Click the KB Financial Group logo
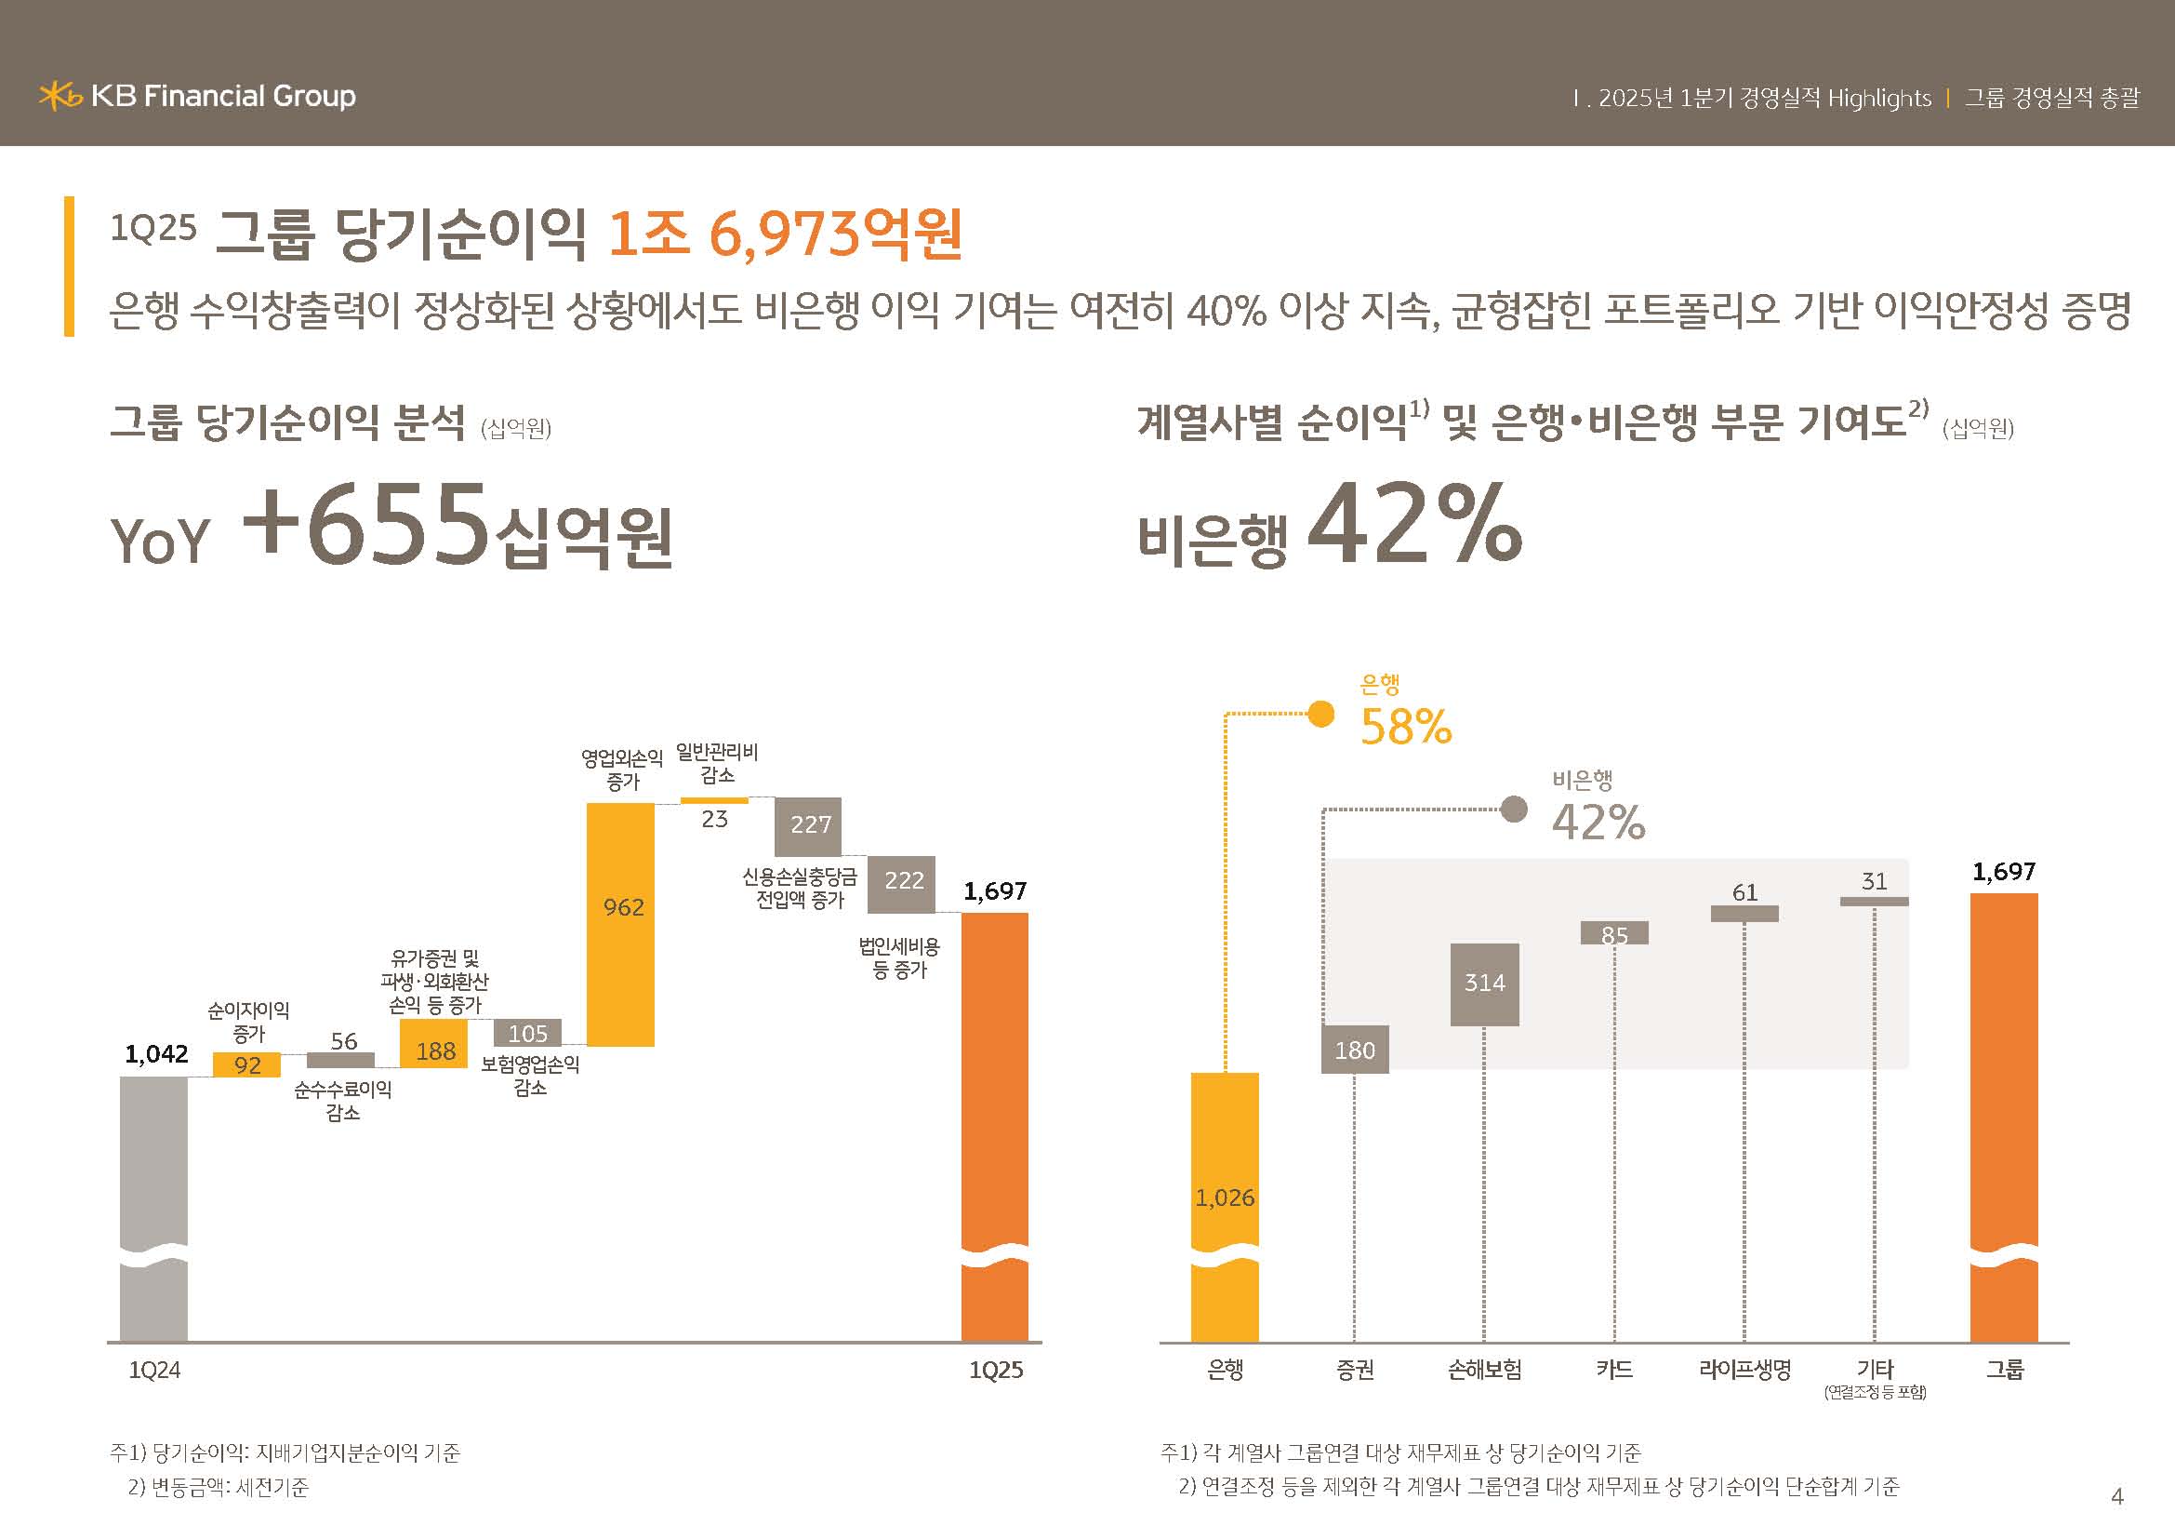pyautogui.click(x=197, y=96)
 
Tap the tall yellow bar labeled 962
pyautogui.click(x=620, y=924)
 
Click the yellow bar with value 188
pyautogui.click(x=434, y=1043)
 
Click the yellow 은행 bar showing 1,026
pyautogui.click(x=1225, y=1203)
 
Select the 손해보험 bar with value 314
pyautogui.click(x=1484, y=984)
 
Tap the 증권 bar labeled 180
pyautogui.click(x=1355, y=1049)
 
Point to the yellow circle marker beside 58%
pyautogui.click(x=1320, y=714)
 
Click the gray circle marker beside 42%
pyautogui.click(x=1514, y=810)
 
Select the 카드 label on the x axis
pyautogui.click(x=1614, y=1370)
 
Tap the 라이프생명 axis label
pyautogui.click(x=1744, y=1370)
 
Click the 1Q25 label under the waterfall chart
pyautogui.click(x=996, y=1371)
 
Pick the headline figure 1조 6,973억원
pyautogui.click(x=786, y=234)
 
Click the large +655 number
pyautogui.click(x=365, y=524)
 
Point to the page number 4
pyautogui.click(x=2117, y=1496)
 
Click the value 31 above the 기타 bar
pyautogui.click(x=1874, y=881)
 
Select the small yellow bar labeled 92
pyautogui.click(x=246, y=1065)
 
